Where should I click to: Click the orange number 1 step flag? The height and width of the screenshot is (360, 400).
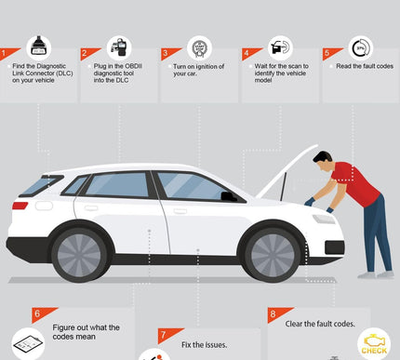tap(7, 53)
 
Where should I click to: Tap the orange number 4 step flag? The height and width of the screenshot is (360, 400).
tap(249, 53)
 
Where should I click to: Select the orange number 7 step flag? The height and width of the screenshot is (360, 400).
tap(167, 335)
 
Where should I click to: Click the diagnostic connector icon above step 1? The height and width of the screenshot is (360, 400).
tap(39, 47)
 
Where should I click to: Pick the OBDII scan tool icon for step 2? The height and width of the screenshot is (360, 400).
tap(119, 47)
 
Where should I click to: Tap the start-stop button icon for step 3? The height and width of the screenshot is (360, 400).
tap(199, 48)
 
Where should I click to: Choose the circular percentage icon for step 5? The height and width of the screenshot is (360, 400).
tap(361, 48)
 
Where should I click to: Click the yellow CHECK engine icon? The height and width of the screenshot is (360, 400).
tap(374, 344)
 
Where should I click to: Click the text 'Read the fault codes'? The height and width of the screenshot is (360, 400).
tap(365, 66)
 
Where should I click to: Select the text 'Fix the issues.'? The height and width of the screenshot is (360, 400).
tap(204, 345)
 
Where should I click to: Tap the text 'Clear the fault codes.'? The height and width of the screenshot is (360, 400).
tap(320, 324)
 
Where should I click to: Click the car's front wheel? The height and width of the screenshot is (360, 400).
tap(273, 255)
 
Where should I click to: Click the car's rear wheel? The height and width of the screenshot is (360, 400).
tap(79, 255)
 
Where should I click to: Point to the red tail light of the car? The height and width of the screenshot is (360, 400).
tap(20, 206)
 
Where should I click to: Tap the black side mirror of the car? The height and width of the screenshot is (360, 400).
tap(229, 196)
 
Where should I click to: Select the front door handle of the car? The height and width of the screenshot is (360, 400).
tap(180, 211)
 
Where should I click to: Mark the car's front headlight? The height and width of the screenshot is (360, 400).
tap(324, 219)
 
